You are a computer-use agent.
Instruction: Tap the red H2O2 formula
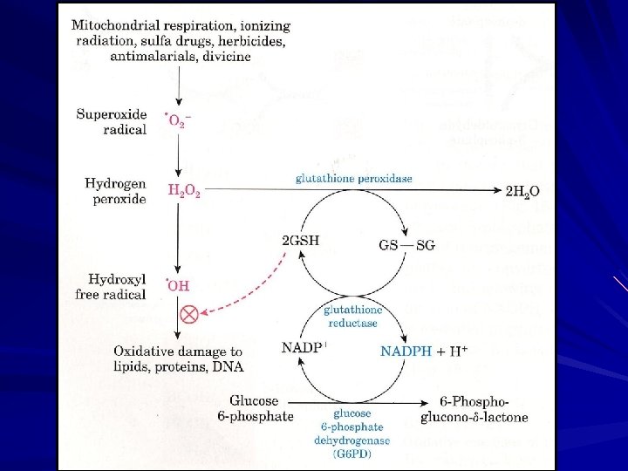184,192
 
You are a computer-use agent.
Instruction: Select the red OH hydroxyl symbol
177,284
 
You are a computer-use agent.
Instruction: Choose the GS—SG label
406,246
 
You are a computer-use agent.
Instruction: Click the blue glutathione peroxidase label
352,179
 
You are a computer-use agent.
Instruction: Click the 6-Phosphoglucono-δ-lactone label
476,409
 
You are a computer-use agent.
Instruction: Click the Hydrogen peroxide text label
115,192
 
